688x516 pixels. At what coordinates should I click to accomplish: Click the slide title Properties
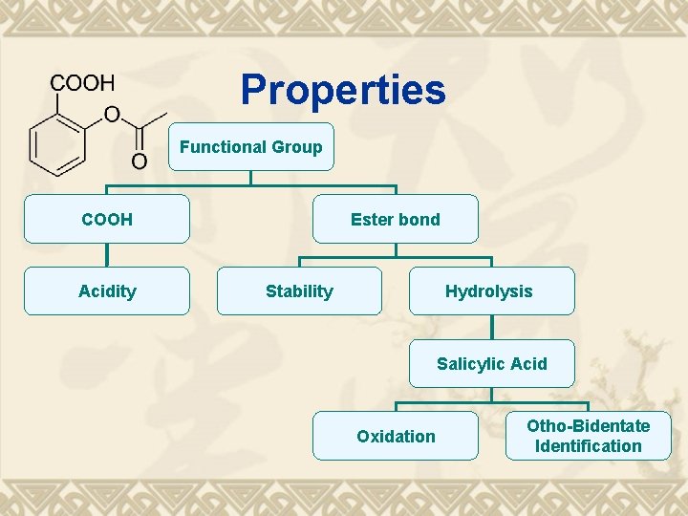coord(342,90)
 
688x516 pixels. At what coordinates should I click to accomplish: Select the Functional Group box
coord(251,147)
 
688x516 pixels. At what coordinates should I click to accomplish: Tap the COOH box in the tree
coord(107,220)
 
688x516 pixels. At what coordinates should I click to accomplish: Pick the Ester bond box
coord(396,220)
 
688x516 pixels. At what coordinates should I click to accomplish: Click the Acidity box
coord(107,291)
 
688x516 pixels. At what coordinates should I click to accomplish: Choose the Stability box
coord(299,291)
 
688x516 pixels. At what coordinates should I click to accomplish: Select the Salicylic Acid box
coord(492,364)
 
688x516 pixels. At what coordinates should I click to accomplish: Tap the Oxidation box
coord(396,437)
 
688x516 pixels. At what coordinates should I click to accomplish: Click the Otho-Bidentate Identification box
coord(589,436)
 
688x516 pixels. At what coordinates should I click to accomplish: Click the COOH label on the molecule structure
coord(82,83)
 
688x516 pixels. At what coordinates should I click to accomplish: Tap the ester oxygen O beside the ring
coord(112,116)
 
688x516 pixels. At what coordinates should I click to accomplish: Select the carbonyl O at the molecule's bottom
coord(140,161)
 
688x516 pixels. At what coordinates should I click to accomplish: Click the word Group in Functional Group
coord(296,147)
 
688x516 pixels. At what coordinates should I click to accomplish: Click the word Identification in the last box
coord(589,446)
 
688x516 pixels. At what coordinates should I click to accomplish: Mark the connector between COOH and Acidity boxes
coord(107,255)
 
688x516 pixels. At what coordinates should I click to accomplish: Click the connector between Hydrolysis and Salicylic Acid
coord(492,328)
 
